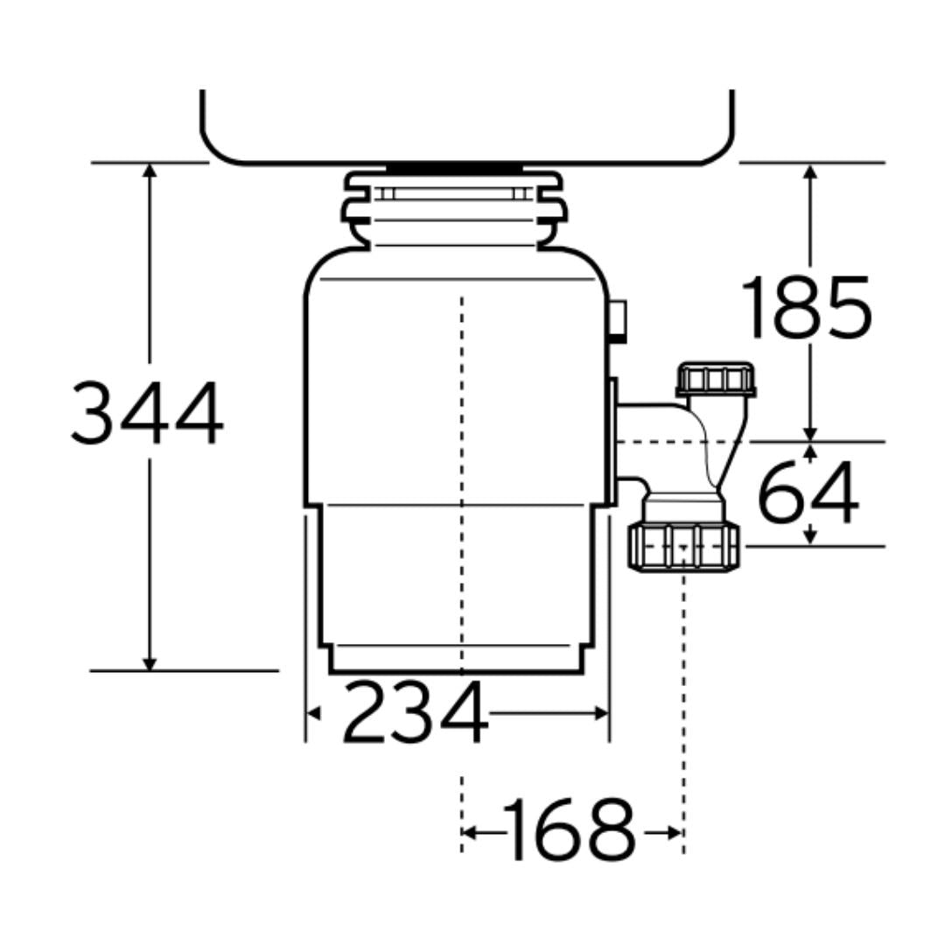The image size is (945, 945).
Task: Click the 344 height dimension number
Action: coord(148,413)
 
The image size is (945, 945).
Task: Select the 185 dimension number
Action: coord(807,307)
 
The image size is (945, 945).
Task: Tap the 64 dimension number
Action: coord(808,493)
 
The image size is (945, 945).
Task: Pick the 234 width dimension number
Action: coord(415,711)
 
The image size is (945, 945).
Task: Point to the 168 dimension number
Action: coord(570,829)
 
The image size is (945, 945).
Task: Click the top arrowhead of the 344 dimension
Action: coord(150,170)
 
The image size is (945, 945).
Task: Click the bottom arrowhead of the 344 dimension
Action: coord(150,663)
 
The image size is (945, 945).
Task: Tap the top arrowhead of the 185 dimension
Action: coord(810,171)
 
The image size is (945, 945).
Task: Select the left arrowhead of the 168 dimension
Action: coord(469,833)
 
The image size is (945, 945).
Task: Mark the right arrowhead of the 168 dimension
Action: coord(675,833)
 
